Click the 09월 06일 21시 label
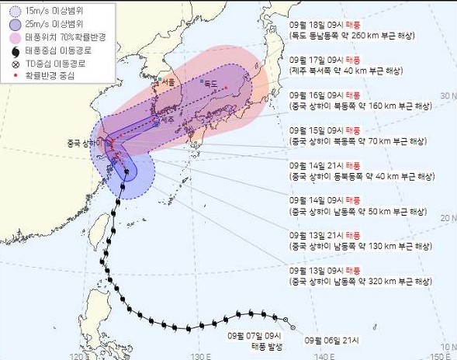[327, 339]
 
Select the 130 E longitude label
[201, 355]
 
